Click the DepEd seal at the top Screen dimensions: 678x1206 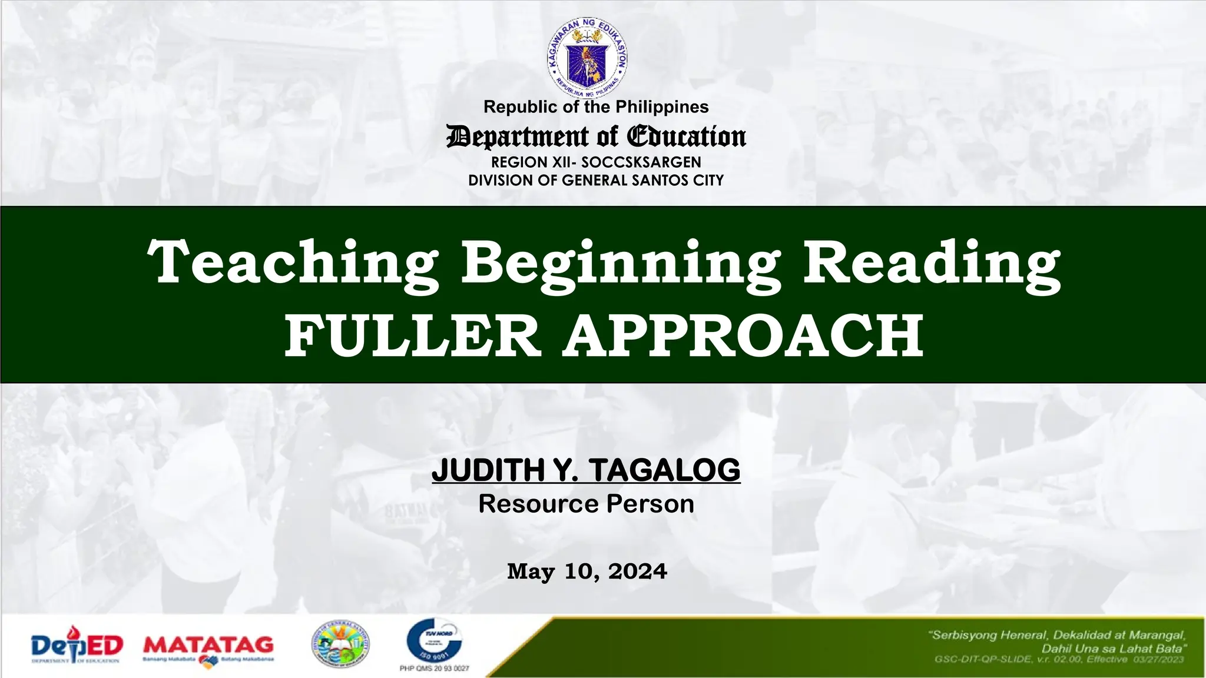coord(587,58)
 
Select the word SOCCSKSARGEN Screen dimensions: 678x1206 coord(641,162)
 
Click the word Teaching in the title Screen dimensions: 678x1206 coord(293,263)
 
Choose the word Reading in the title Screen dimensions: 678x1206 coord(932,263)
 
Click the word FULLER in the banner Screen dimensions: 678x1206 coord(412,335)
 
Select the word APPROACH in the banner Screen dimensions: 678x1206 coord(743,335)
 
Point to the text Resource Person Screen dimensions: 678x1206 coord(586,504)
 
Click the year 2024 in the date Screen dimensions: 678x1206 coord(638,571)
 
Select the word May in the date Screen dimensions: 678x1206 coord(531,571)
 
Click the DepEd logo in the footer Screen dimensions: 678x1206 coord(77,646)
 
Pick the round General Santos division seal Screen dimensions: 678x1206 coord(341,644)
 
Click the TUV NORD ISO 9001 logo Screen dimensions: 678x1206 coord(435,641)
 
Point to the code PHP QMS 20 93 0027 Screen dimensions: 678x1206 coord(435,669)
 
